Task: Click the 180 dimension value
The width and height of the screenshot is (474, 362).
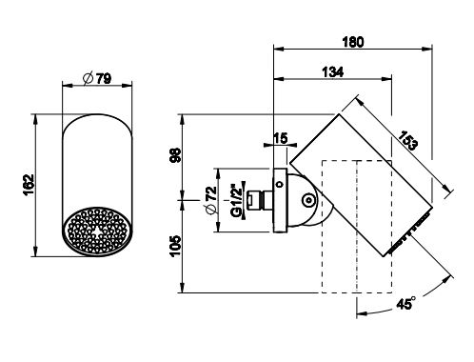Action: (353, 42)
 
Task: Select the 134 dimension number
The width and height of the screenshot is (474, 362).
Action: (333, 72)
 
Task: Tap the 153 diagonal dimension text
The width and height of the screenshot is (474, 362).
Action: (406, 140)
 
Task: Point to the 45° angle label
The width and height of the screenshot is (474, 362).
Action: (405, 304)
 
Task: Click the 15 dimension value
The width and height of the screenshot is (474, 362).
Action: (281, 138)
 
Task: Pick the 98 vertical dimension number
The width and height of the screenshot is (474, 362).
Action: (175, 155)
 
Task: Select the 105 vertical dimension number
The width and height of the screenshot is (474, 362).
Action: (175, 246)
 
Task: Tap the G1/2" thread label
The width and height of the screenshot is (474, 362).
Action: (237, 200)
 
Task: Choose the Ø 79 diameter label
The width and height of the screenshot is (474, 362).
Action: (97, 78)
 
